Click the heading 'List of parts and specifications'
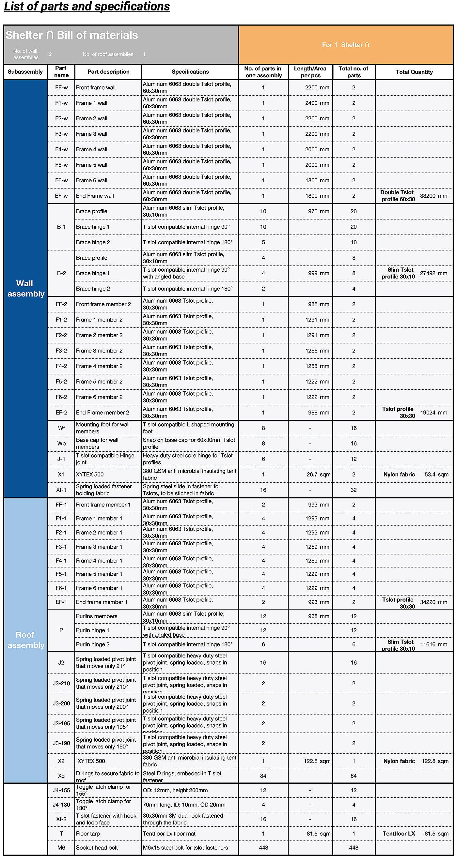[87, 7]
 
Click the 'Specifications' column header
[190, 72]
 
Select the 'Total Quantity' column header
[414, 72]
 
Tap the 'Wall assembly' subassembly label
[26, 288]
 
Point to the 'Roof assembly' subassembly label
[26, 640]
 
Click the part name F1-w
[61, 103]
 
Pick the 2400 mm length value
[317, 103]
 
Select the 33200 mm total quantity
[433, 196]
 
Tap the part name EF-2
[61, 413]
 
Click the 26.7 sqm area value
[318, 475]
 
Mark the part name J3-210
[61, 684]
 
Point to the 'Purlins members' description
[97, 616]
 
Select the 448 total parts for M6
[354, 848]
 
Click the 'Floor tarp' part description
[88, 834]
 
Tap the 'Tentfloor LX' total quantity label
[399, 834]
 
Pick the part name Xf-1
[61, 490]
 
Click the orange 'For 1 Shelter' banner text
[345, 45]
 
